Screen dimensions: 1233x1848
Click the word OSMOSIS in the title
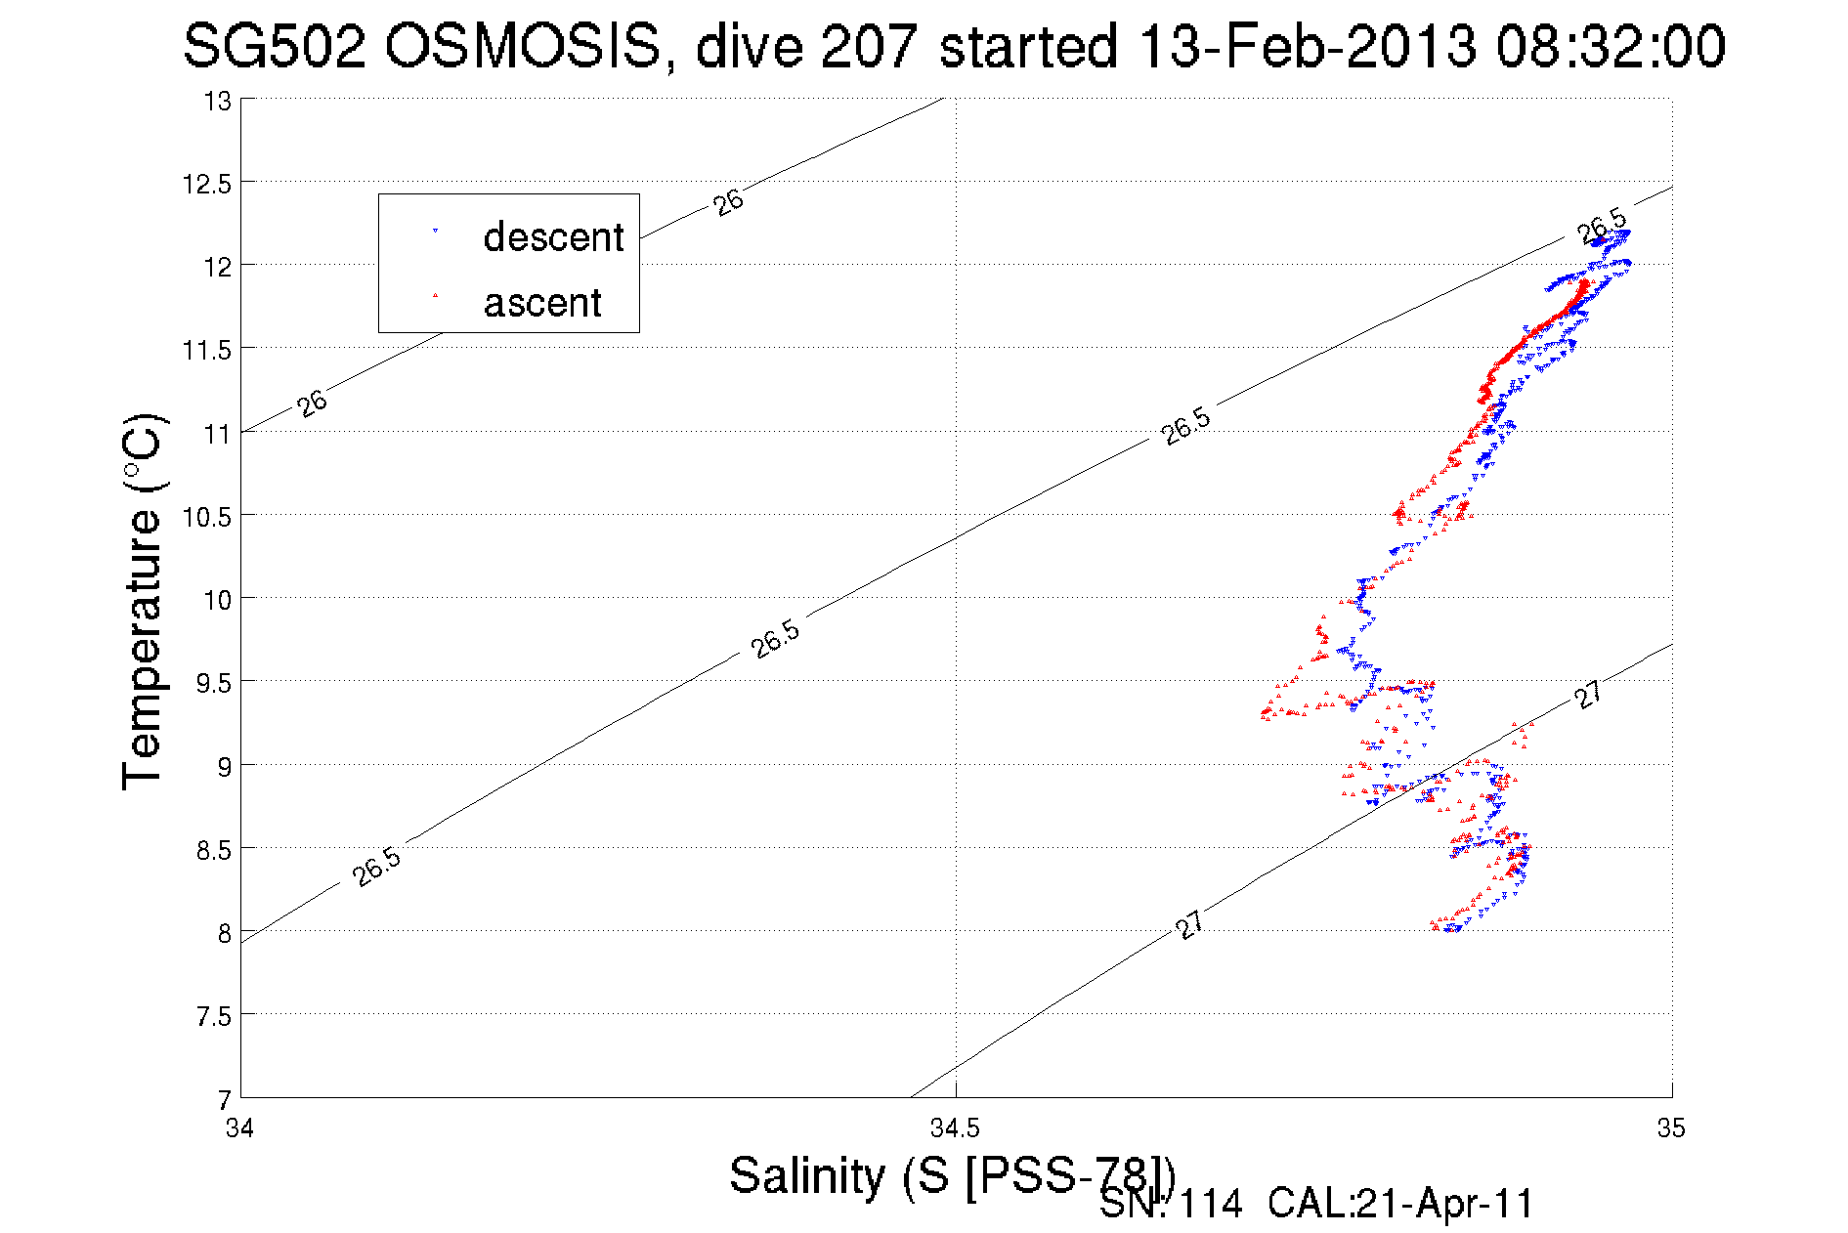[x=522, y=46]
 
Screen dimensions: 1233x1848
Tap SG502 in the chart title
[x=274, y=46]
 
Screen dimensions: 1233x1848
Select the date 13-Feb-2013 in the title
[x=1308, y=46]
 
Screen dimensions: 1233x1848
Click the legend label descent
[x=553, y=237]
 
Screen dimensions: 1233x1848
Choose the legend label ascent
[x=542, y=303]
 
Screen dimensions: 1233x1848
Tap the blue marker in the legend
[x=435, y=232]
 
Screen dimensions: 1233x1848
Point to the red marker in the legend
[x=435, y=295]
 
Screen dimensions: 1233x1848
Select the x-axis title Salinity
[x=807, y=1174]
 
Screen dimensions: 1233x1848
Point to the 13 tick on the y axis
[x=217, y=101]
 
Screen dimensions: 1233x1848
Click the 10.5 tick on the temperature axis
[x=207, y=517]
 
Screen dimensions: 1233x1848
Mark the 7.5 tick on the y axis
[x=213, y=1017]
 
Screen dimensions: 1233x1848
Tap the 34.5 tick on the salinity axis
[x=955, y=1129]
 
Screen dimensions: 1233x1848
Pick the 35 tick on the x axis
[x=1671, y=1129]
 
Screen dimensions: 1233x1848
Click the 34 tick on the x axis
[x=239, y=1129]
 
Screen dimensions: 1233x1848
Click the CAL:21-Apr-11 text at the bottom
[x=1400, y=1205]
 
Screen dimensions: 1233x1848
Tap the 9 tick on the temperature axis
[x=225, y=767]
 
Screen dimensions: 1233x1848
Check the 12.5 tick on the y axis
[x=207, y=184]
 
